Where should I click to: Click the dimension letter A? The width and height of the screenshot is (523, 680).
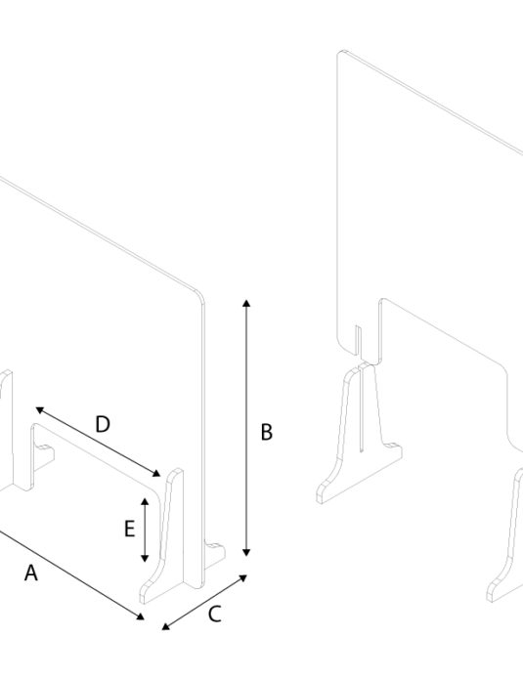pos(31,573)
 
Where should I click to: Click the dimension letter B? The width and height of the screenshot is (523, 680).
pos(267,433)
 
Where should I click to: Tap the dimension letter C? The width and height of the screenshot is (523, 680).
pos(215,615)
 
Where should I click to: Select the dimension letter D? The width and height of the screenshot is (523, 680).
pos(103,424)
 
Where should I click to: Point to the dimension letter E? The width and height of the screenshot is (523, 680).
pos(129,530)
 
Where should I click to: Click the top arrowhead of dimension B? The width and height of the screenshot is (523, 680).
pos(246,303)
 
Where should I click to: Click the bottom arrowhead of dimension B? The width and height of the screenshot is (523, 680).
pos(246,552)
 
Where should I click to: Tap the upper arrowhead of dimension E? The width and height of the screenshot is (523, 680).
pos(145,502)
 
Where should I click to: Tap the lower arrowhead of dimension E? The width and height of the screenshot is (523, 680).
pos(145,558)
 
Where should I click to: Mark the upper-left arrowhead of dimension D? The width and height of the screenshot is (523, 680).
pos(39,409)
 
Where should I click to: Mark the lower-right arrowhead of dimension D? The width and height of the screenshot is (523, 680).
pos(156,473)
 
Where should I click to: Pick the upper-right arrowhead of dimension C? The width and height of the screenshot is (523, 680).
pos(243,577)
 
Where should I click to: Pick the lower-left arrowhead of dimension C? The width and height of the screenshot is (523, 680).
pos(166,626)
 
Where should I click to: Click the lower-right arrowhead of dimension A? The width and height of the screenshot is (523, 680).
pos(140,616)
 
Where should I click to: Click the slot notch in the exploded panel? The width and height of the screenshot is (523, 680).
pos(359,342)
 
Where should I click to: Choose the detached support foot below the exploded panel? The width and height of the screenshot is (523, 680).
pos(360,434)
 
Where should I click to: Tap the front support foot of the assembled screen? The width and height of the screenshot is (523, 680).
pos(162,537)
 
